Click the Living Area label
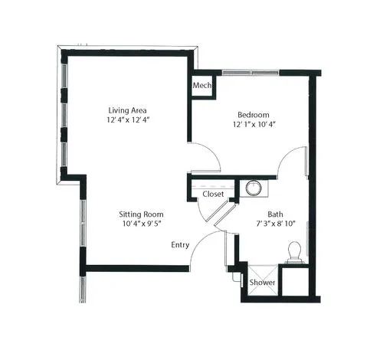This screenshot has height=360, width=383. [x=128, y=110]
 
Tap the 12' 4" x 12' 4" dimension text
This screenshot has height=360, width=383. [x=128, y=119]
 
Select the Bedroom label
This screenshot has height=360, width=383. [x=254, y=115]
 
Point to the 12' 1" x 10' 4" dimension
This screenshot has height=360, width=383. [x=254, y=124]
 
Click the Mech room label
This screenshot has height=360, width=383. [x=202, y=85]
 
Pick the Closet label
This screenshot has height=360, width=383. [x=213, y=194]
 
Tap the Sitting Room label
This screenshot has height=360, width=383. [x=141, y=214]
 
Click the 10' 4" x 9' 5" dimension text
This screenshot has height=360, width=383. [x=142, y=224]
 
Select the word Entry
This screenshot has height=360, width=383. [x=180, y=245]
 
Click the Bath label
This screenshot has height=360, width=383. [x=275, y=214]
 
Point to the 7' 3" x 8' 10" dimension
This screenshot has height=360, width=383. [x=276, y=224]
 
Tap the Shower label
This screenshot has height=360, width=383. [x=262, y=283]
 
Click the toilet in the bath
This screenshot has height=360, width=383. [x=294, y=252]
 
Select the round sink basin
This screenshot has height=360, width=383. [x=254, y=188]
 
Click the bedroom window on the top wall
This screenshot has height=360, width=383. [x=250, y=73]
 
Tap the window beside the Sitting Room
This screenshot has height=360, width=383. [x=83, y=223]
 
